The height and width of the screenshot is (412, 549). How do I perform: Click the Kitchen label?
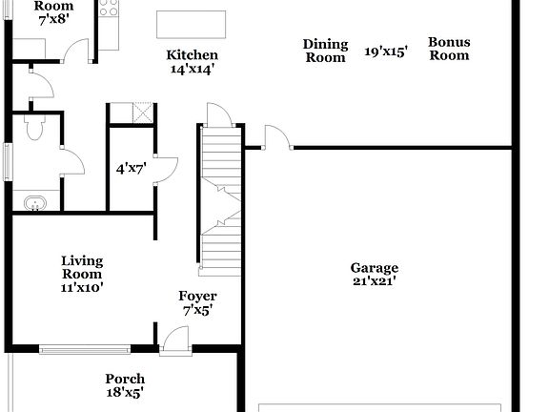192,55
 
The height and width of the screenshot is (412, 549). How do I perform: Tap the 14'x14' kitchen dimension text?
192,69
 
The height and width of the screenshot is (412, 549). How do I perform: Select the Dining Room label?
324,51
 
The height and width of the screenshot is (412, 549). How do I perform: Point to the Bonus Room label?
448,49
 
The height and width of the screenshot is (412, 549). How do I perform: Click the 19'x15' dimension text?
385,51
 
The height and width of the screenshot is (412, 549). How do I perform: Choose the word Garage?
374,268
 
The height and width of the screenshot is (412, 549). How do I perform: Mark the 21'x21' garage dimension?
374,281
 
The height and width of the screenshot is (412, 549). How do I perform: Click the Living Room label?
82,267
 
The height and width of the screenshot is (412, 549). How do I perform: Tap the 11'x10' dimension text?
82,286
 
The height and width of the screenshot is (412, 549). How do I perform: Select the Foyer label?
197,297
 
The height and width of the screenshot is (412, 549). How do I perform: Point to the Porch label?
125,378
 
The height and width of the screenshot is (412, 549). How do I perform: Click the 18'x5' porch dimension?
125,391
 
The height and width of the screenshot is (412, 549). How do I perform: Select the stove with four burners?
106,11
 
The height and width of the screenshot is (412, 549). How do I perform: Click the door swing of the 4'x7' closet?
164,170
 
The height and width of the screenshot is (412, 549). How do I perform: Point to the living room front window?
83,347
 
